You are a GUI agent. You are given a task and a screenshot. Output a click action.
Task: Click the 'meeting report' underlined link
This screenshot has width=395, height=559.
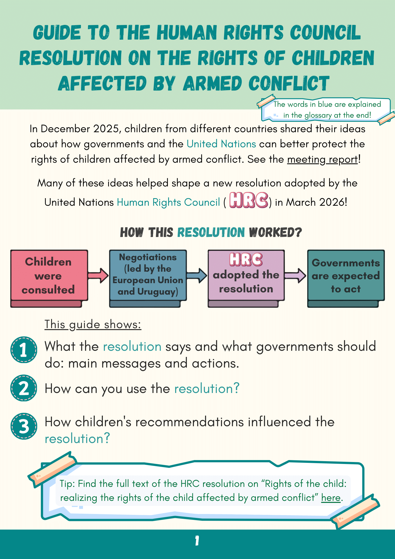pos(322,159)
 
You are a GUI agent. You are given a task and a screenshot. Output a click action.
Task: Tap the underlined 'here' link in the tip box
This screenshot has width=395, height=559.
pos(331,498)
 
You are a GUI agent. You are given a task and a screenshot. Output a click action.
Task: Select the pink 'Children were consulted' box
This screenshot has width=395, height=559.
pos(49,278)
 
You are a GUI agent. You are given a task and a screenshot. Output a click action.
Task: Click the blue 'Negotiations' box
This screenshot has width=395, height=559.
pos(148,278)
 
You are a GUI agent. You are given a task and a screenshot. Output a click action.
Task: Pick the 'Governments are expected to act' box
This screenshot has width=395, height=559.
pos(346,278)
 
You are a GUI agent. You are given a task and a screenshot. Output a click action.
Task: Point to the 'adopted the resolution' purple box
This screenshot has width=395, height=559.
pos(246,278)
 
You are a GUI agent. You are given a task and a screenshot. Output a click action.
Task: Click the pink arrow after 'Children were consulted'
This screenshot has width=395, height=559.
pos(98,276)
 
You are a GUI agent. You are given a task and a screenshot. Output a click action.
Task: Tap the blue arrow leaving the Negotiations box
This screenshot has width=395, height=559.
pos(197,276)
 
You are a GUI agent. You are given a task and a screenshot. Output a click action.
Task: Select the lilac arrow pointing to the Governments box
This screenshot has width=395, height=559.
pos(295,276)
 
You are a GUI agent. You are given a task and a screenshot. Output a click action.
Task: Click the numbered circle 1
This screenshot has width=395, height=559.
pos(24,350)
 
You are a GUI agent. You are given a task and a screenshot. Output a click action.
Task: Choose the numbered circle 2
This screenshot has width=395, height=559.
pos(24,388)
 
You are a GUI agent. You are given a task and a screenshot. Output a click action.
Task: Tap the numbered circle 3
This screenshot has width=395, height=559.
pos(24,426)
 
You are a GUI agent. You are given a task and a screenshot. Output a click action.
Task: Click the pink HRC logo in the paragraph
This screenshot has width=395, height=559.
pos(249,200)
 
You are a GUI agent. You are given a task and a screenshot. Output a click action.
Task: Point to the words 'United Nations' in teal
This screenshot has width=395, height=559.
pos(221,144)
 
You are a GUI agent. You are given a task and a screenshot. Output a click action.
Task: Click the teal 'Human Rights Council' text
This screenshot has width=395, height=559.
pos(168,202)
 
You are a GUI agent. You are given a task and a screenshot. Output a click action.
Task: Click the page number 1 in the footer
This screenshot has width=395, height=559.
pos(197,541)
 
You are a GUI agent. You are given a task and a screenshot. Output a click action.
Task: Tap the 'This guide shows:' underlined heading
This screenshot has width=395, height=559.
pos(93,324)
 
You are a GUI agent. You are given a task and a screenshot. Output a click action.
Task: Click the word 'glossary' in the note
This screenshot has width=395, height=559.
pos(318,115)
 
